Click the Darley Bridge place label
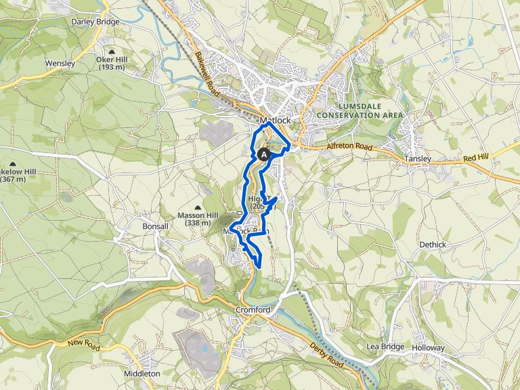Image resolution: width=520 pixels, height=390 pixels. pos(95,22)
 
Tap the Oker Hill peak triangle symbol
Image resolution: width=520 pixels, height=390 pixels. pos(112,51)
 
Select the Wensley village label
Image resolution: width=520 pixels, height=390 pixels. pos(60,63)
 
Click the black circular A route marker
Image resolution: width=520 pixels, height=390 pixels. pos(264,155)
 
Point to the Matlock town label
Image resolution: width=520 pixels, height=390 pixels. pos(275,121)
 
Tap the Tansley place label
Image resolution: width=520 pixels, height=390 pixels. pos(417,158)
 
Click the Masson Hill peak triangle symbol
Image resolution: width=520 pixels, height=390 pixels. pos(198,207)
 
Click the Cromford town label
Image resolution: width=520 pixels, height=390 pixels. pos(253,310)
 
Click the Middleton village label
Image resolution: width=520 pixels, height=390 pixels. pos(142,373)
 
